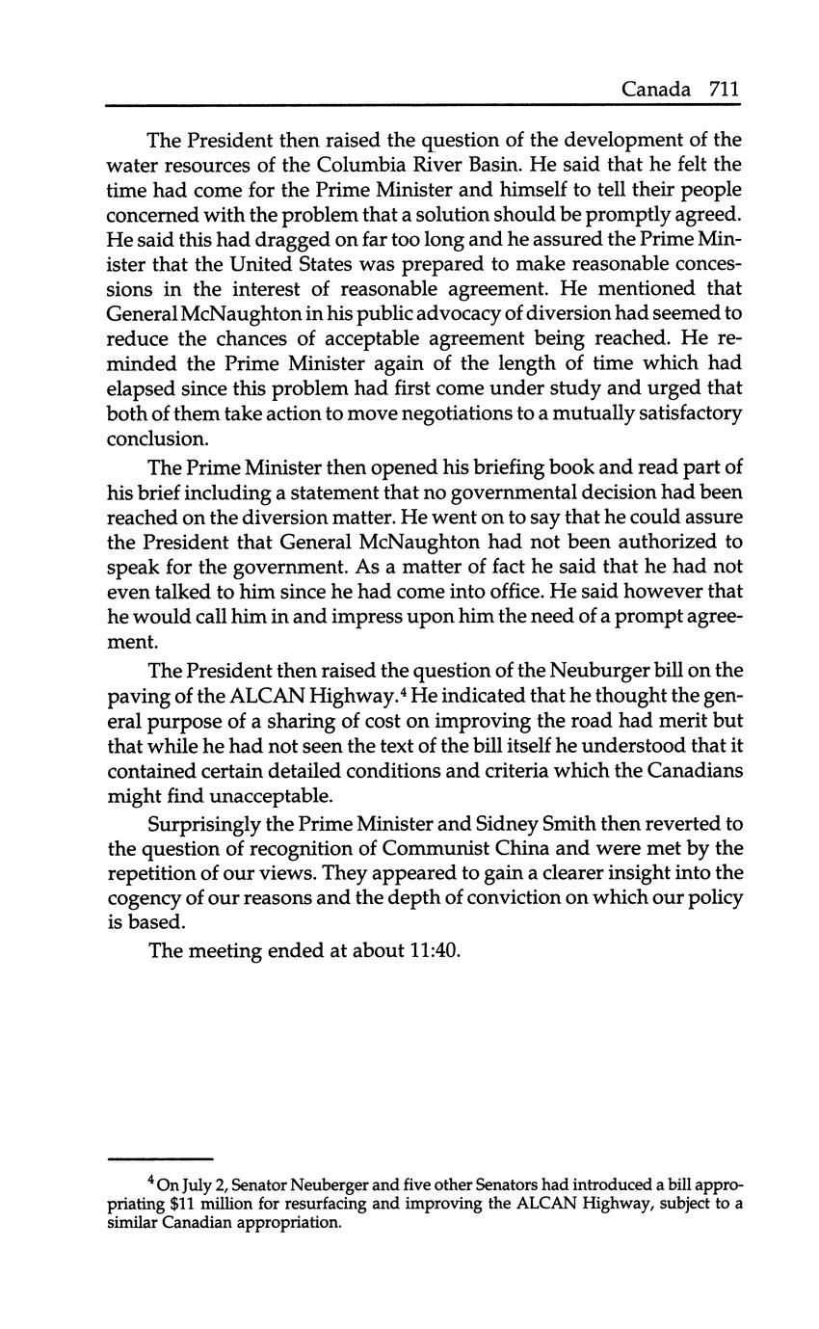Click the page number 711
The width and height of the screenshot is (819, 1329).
coord(724,90)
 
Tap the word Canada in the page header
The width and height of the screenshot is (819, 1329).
coord(655,90)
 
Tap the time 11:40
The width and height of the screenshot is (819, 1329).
coord(436,951)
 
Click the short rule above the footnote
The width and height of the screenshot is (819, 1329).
coord(159,1157)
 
